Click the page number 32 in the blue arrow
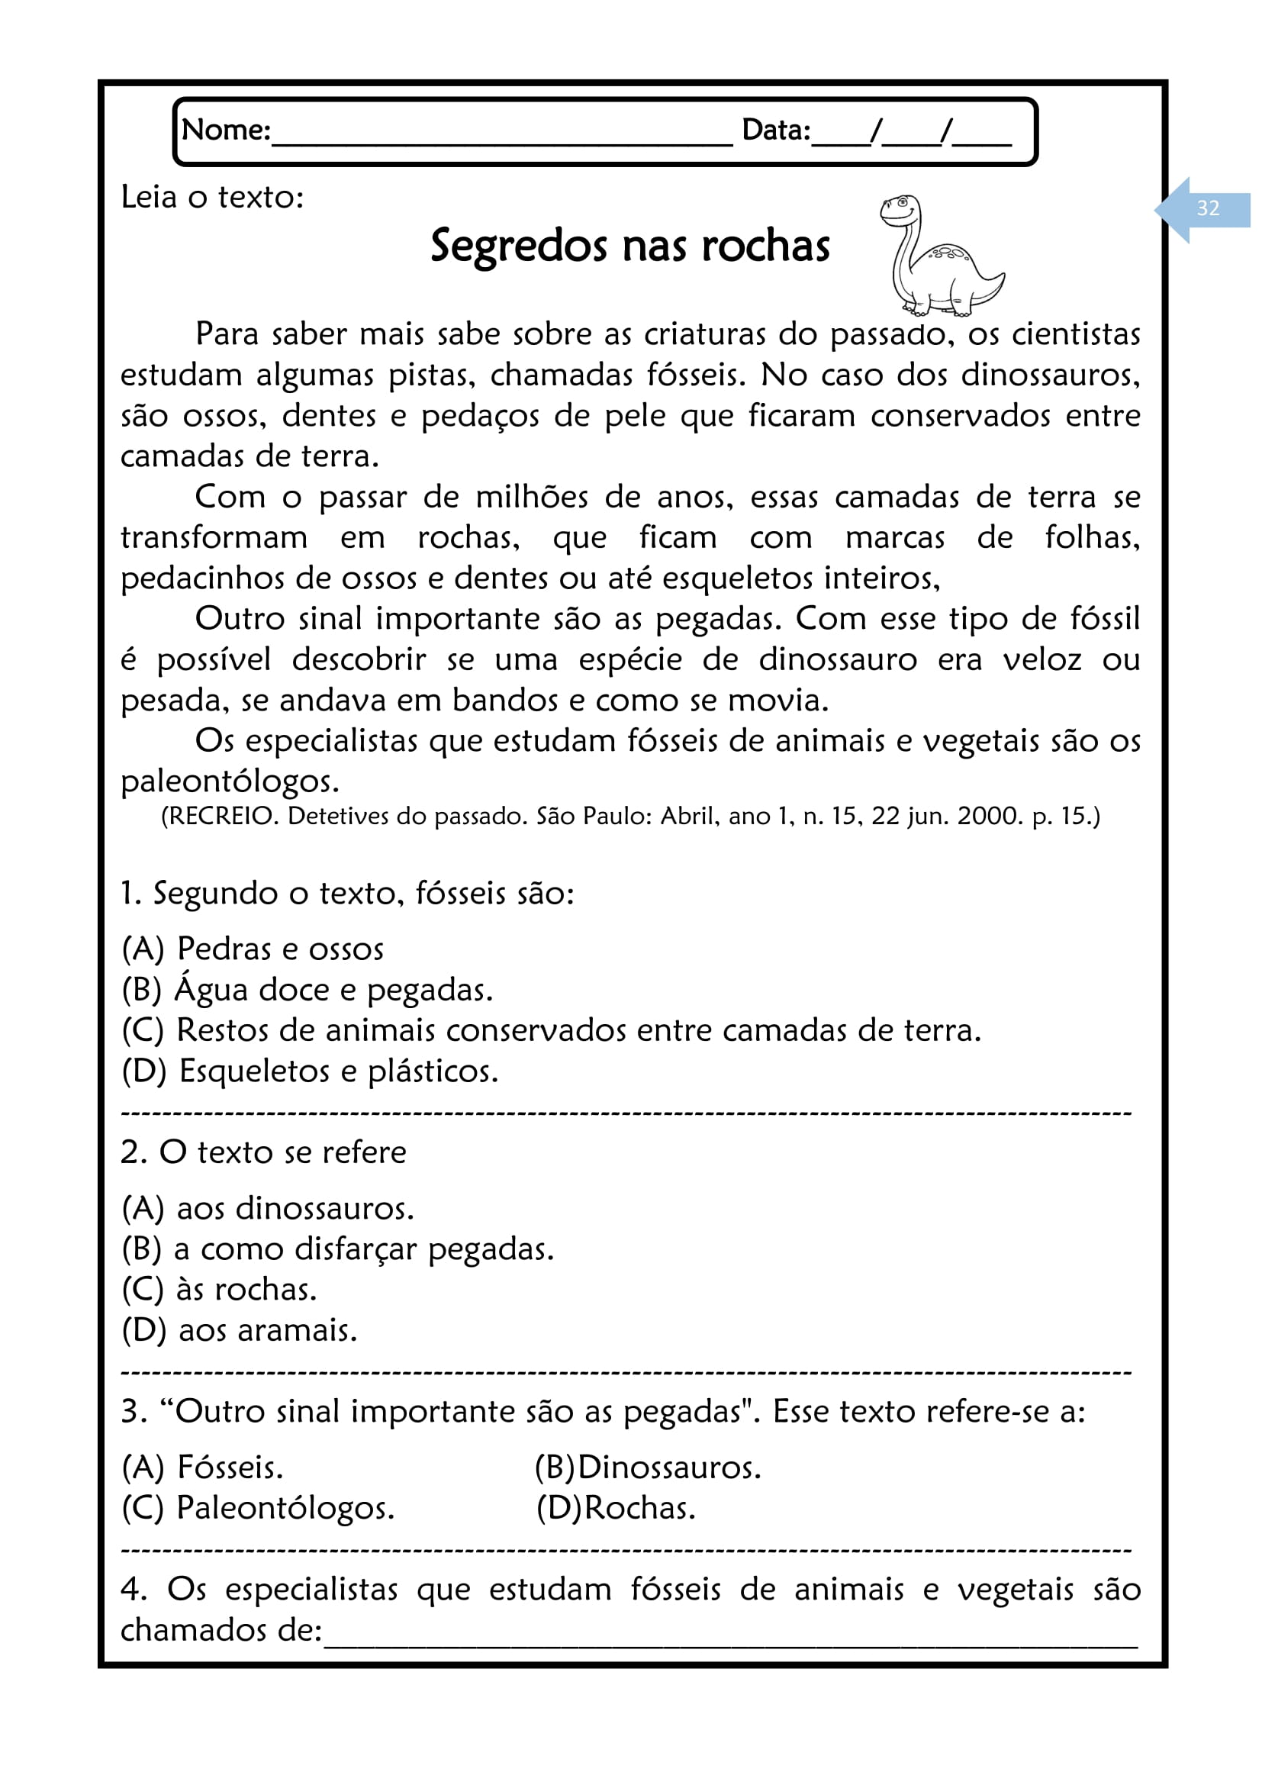tap(1207, 208)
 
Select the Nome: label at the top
tap(225, 130)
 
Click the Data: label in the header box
tap(775, 130)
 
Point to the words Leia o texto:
tap(212, 198)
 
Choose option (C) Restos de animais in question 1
tap(551, 1031)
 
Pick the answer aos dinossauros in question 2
tap(268, 1209)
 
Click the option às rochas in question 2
tap(219, 1290)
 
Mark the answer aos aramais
tap(240, 1331)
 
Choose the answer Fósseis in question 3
tap(203, 1468)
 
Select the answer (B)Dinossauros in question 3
tap(647, 1468)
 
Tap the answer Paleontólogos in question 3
tap(258, 1508)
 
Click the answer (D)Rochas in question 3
tap(616, 1508)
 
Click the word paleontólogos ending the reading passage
tap(229, 782)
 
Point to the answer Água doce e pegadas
tap(307, 991)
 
